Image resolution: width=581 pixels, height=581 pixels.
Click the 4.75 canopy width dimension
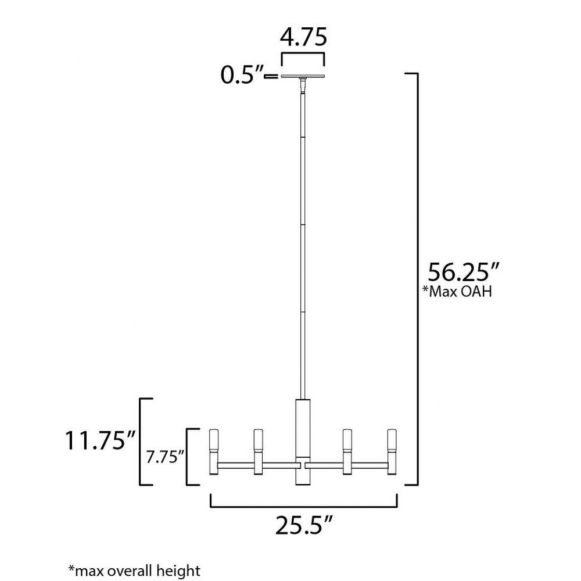point(303,37)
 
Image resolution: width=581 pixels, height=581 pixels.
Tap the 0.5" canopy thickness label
point(242,75)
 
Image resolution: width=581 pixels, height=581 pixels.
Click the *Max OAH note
point(457,292)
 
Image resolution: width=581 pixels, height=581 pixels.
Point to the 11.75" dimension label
point(101,440)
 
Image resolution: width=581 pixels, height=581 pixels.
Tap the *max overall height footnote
point(134,571)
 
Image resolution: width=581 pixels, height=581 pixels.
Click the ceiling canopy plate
point(303,76)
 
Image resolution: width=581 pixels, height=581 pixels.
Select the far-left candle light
point(214,452)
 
